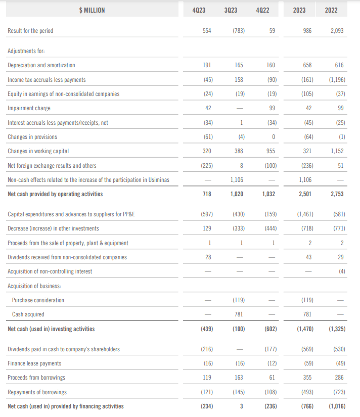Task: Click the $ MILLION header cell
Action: pos(92,10)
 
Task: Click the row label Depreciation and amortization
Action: pos(41,65)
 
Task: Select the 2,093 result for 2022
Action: pos(337,31)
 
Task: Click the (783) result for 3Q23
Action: pos(239,31)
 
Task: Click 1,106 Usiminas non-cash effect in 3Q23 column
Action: pos(238,179)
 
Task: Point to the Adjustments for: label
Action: pos(27,51)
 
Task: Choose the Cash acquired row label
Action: pos(28,314)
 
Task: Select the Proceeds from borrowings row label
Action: pos(36,378)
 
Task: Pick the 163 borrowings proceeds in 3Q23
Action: pos(240,378)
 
